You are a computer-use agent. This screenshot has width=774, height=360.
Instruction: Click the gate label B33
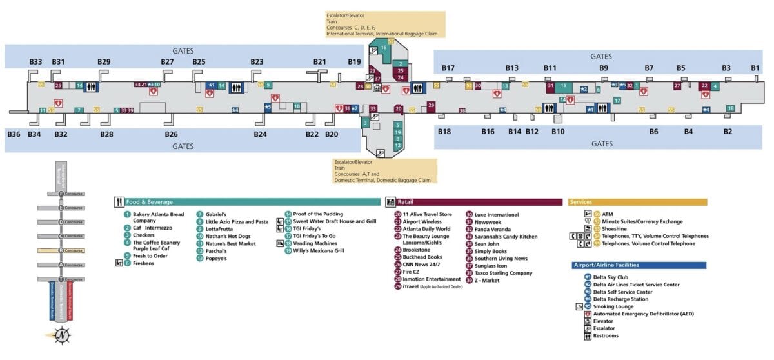click(x=35, y=62)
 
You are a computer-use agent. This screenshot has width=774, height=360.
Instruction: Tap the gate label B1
click(x=755, y=68)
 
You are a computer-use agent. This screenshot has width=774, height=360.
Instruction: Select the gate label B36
click(x=14, y=134)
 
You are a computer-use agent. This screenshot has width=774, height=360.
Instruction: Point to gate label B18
click(x=444, y=132)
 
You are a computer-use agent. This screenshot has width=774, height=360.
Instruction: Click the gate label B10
click(x=557, y=132)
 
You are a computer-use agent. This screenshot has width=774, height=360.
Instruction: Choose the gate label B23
click(x=257, y=62)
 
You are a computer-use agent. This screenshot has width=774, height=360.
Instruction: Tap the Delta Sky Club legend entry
click(x=611, y=277)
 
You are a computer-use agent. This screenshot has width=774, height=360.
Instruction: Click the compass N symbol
click(x=61, y=335)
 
